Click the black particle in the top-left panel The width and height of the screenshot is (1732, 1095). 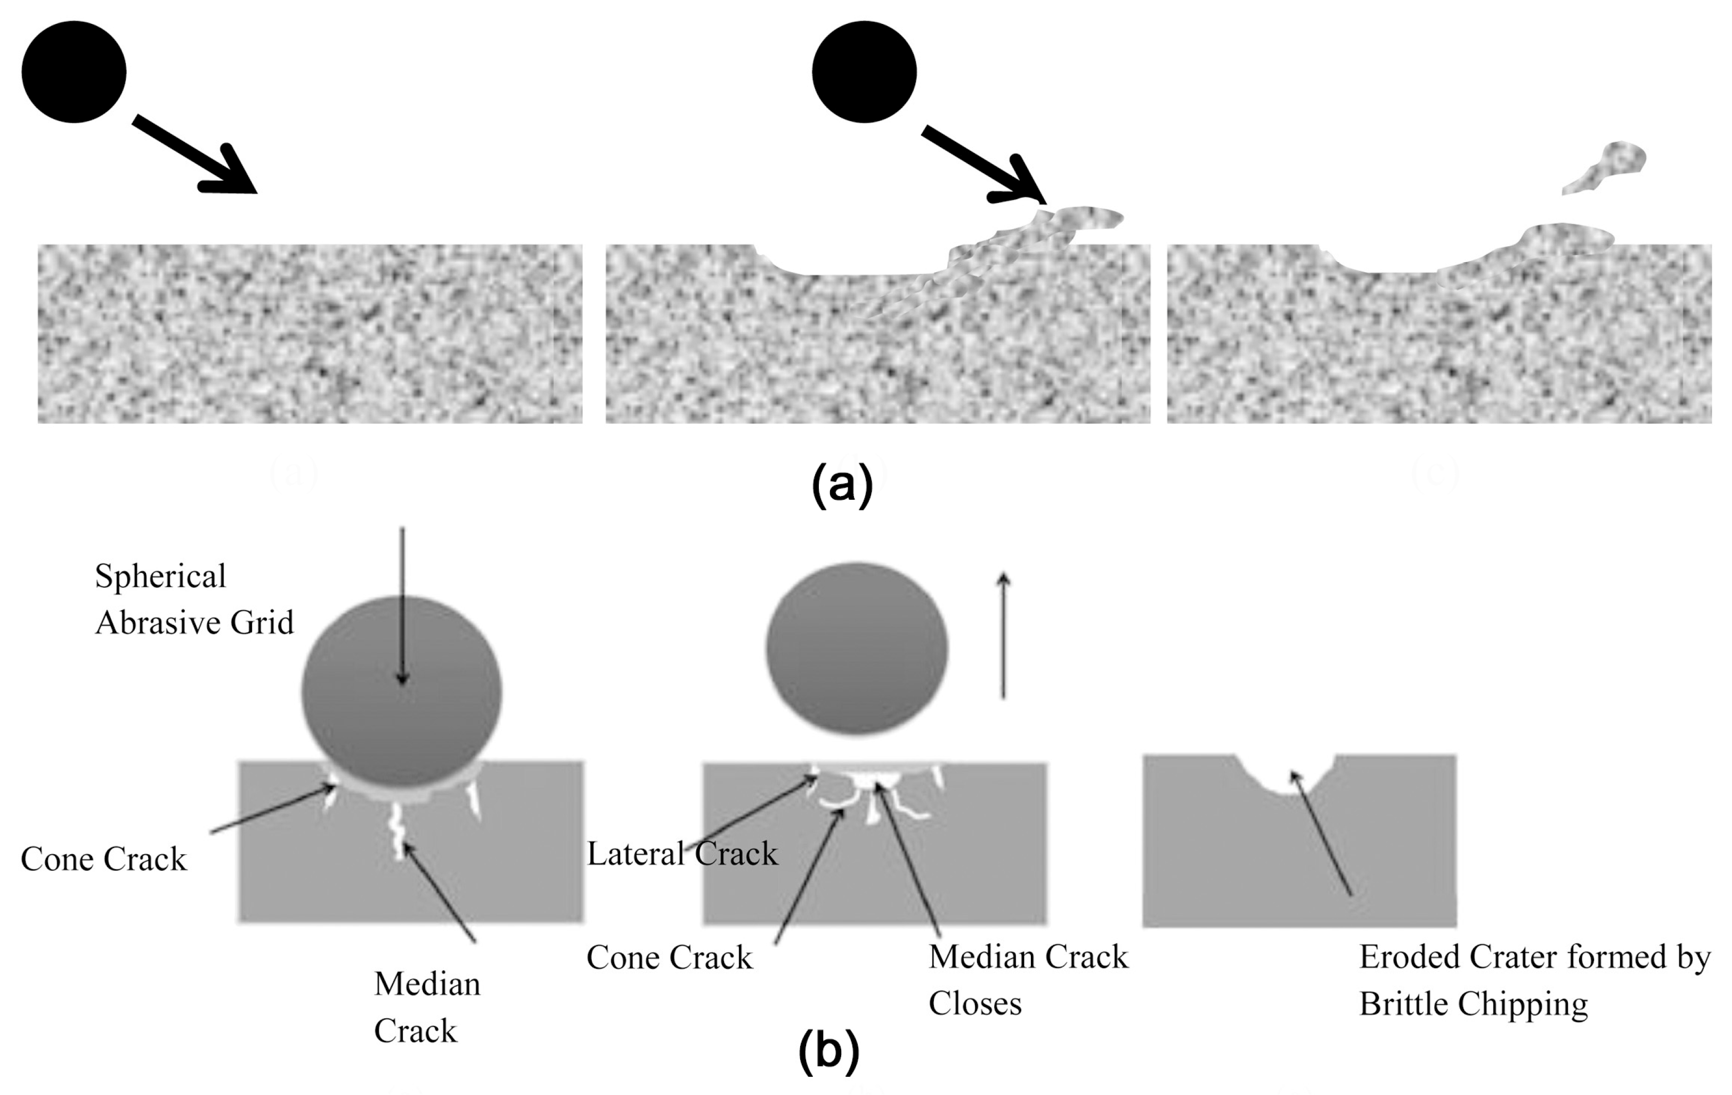pos(74,71)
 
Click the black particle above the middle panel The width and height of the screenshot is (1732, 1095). pos(864,71)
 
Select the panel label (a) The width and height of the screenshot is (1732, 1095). pos(842,485)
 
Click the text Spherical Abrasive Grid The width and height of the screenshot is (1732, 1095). pos(194,599)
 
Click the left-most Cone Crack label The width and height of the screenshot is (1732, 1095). pos(103,859)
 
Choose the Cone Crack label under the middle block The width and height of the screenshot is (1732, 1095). pos(669,958)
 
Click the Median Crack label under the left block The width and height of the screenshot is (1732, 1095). pos(427,1007)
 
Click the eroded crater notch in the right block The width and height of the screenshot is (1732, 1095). pos(1286,777)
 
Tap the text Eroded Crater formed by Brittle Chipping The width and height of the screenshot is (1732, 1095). pos(1534,980)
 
